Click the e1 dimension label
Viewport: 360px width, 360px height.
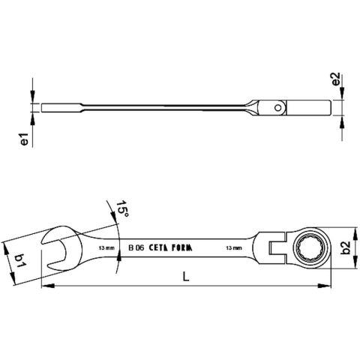[x=24, y=140]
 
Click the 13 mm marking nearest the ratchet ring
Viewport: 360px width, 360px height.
[x=233, y=247]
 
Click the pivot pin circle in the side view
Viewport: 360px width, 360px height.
[x=278, y=109]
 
